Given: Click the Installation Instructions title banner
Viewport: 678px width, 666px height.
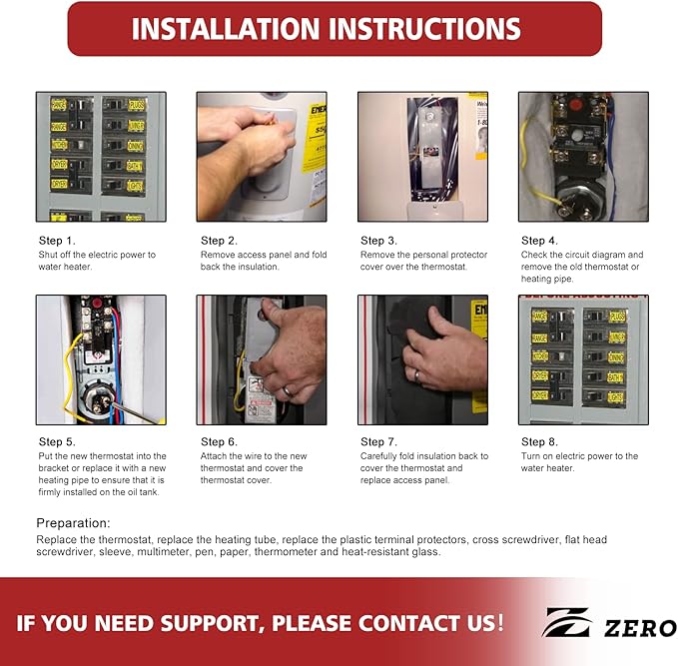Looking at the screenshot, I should click(335, 28).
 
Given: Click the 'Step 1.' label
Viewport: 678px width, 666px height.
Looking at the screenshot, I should click(56, 241).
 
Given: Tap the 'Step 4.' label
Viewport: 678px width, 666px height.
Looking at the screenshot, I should click(539, 241).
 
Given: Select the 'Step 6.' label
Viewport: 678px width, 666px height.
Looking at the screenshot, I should click(219, 442).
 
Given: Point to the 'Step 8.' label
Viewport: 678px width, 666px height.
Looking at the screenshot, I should click(539, 442).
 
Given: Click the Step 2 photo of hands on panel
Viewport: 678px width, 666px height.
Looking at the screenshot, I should click(262, 157).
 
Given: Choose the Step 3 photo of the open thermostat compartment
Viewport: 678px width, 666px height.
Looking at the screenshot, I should click(422, 157).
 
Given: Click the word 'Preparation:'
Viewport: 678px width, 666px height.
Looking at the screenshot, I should click(74, 522).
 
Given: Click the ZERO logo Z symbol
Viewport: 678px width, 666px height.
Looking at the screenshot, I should click(567, 623).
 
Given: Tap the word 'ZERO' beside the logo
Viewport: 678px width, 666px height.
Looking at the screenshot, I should click(637, 627).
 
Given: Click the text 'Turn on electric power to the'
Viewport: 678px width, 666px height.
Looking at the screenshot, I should click(579, 456).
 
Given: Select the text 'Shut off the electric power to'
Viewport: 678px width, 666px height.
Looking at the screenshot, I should click(97, 255).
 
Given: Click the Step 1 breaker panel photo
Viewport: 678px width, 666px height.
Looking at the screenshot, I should click(101, 157).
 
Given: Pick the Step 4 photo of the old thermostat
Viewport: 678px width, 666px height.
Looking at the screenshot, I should click(583, 157).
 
